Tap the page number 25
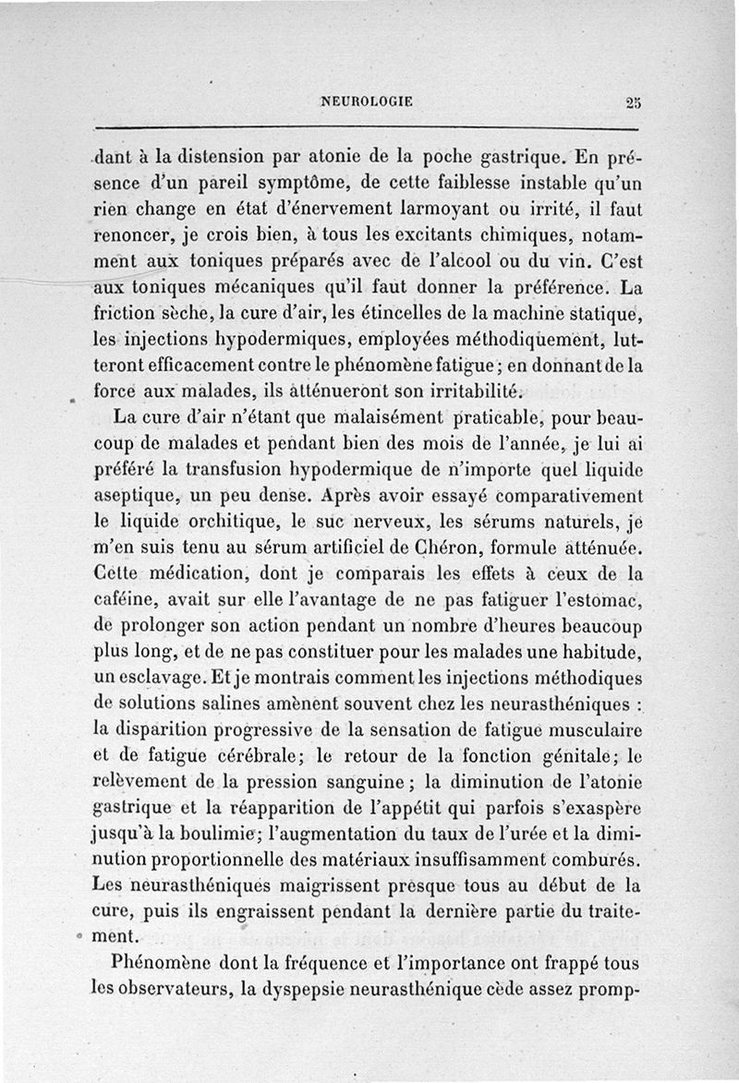click(632, 102)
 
